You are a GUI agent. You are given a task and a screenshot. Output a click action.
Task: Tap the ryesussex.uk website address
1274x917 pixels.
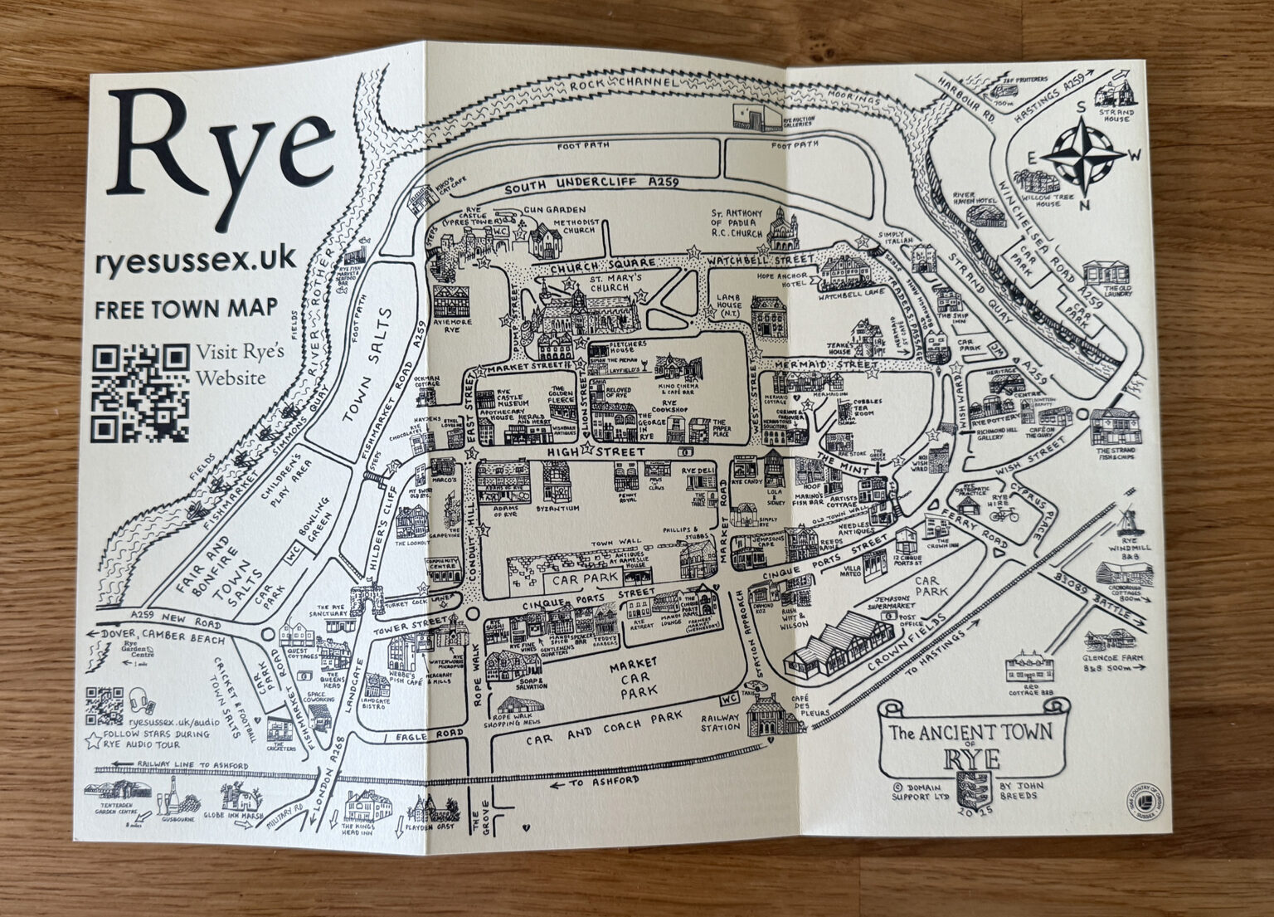(196, 260)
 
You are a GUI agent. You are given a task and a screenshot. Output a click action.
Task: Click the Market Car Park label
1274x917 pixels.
(632, 675)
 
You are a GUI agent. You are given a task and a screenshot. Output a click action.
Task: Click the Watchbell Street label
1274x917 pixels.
(760, 262)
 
